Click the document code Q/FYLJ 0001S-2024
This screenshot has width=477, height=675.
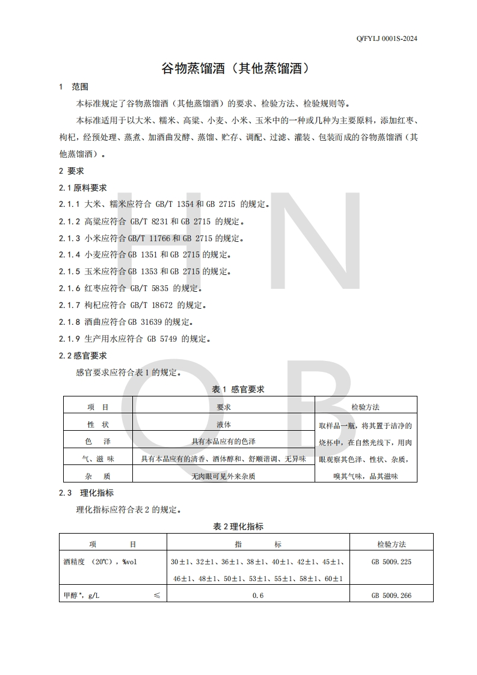pos(387,39)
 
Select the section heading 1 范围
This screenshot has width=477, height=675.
pos(74,87)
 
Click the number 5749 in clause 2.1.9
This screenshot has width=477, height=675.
pos(167,339)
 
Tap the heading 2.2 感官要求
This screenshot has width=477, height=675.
pos(83,356)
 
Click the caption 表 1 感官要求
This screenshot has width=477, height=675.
pos(238,389)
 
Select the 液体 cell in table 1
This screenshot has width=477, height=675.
pos(223,425)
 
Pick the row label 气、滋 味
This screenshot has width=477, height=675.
pos(97,459)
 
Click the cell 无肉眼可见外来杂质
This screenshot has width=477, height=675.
pos(223,476)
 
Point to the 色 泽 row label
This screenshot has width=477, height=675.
pos(97,442)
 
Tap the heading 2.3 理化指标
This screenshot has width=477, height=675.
pos(87,493)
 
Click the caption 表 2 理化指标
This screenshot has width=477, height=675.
pos(238,526)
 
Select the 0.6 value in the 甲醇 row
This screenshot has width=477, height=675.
pos(258,595)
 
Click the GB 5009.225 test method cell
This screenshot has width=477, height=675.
pos(392,562)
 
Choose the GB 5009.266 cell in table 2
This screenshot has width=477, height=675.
pos(392,595)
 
